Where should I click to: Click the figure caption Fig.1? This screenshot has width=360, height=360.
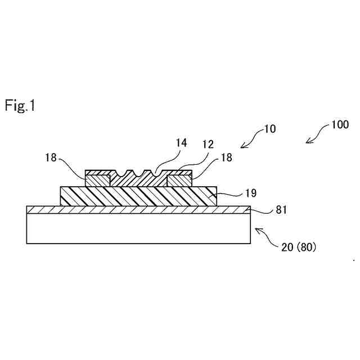[x=20, y=105]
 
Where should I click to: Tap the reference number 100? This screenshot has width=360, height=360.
[x=339, y=124]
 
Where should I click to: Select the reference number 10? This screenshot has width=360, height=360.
[x=269, y=129]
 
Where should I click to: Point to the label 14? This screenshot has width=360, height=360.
[x=182, y=143]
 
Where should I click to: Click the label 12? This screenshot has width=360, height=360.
[x=208, y=145]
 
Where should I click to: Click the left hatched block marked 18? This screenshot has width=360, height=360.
[x=97, y=181]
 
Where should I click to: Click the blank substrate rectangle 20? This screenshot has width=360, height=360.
[x=138, y=228]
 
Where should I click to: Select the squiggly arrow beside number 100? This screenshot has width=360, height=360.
[x=316, y=134]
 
